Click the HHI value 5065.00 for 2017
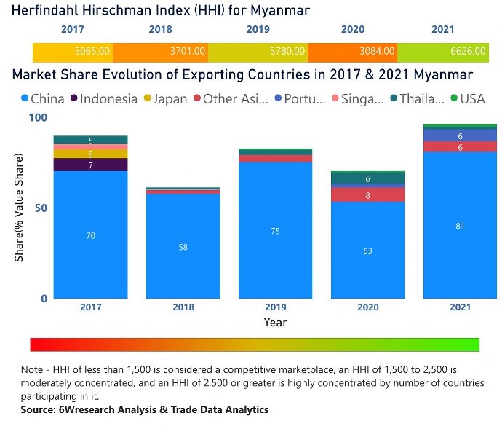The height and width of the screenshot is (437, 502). click(92, 52)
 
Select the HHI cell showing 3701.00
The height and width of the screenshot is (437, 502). click(187, 52)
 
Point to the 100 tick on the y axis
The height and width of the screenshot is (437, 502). click(37, 118)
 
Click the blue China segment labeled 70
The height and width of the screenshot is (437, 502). click(91, 235)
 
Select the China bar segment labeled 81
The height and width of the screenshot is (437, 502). click(460, 226)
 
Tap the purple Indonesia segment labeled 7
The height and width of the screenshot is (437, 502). click(91, 165)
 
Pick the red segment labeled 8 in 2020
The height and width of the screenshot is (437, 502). click(367, 195)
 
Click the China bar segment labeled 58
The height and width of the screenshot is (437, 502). click(183, 247)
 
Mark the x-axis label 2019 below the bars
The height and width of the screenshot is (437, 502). click(275, 307)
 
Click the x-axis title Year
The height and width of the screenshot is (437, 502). click(275, 322)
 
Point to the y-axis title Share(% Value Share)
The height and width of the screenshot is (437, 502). click(20, 208)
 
